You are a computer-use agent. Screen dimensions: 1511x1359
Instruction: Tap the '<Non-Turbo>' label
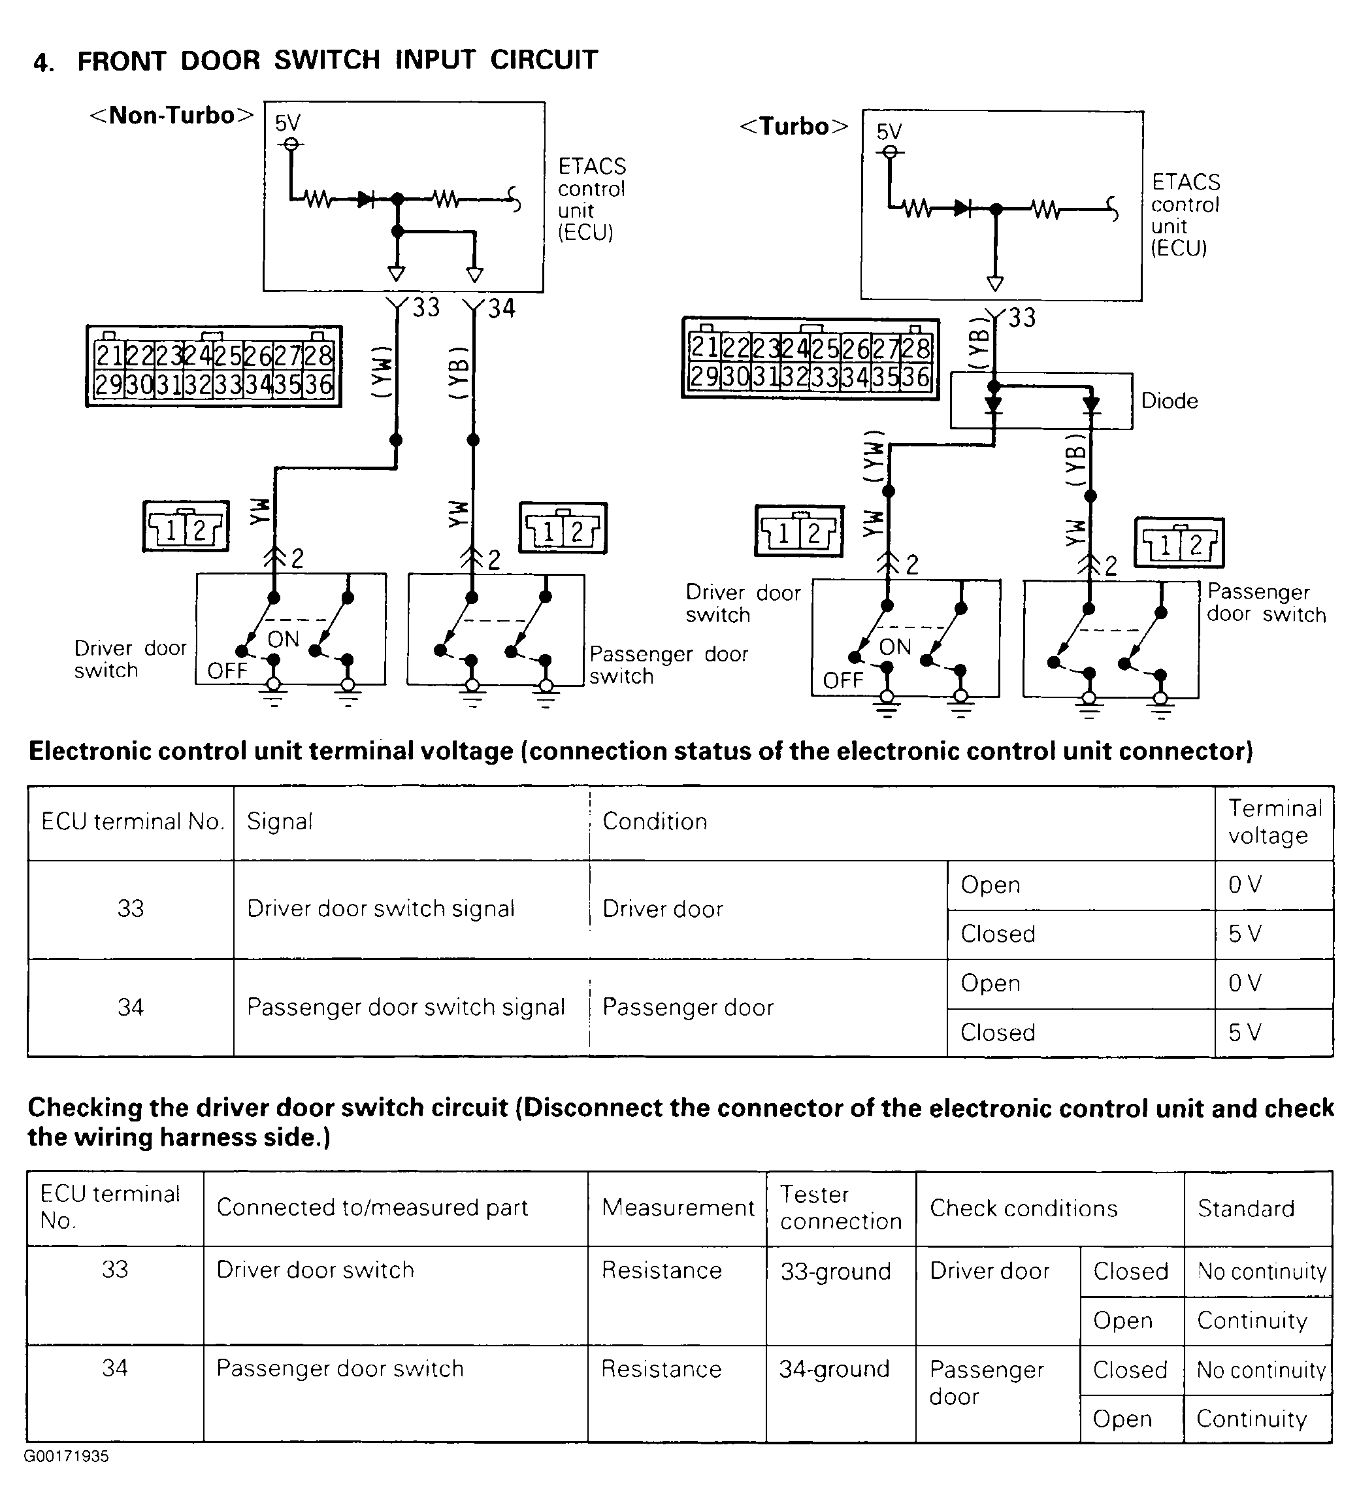tap(171, 116)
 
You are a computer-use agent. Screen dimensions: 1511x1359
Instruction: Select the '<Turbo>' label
tap(793, 127)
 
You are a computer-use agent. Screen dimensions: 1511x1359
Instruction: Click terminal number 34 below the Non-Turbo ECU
tap(501, 308)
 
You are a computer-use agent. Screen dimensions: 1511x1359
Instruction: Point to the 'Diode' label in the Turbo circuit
tap(1169, 401)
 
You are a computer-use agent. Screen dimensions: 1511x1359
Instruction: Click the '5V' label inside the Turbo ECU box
tap(889, 132)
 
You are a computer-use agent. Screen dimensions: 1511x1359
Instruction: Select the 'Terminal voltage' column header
tap(1274, 821)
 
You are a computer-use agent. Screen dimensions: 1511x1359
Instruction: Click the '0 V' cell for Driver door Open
tap(1244, 884)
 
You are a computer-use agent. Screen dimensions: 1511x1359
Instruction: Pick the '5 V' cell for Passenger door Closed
tap(1244, 1032)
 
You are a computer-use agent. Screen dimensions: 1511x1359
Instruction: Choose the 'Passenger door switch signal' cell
tap(406, 1007)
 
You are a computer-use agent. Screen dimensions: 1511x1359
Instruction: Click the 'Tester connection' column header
tap(841, 1207)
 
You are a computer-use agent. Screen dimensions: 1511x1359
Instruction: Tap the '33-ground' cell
tap(836, 1271)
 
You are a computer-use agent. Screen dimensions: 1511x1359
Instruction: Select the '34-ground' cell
tap(834, 1369)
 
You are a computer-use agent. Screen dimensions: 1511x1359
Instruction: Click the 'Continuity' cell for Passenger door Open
tap(1251, 1418)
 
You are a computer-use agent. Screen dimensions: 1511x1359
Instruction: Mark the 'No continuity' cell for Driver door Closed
tap(1261, 1271)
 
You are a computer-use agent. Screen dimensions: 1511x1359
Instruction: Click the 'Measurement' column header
tap(678, 1208)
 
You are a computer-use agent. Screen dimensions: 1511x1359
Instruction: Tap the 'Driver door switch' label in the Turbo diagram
tap(743, 603)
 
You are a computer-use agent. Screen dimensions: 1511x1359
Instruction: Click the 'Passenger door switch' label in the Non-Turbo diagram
tap(668, 665)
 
